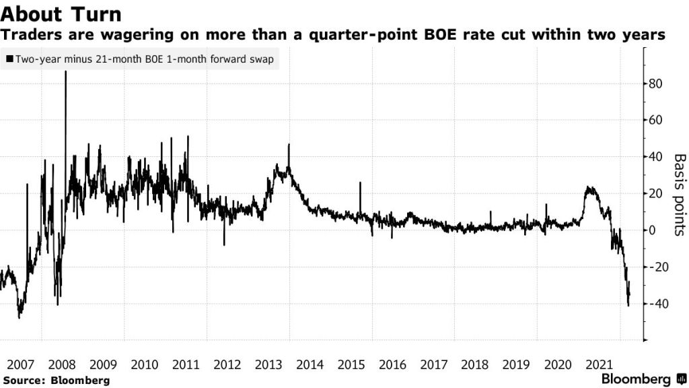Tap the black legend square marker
tap(9, 59)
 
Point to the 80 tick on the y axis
tap(655, 84)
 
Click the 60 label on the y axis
tap(655, 121)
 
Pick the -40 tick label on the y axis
tap(657, 304)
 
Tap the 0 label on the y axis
tap(651, 230)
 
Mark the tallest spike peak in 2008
tap(65, 71)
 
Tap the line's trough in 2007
tap(20, 317)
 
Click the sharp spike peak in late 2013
tap(289, 144)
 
